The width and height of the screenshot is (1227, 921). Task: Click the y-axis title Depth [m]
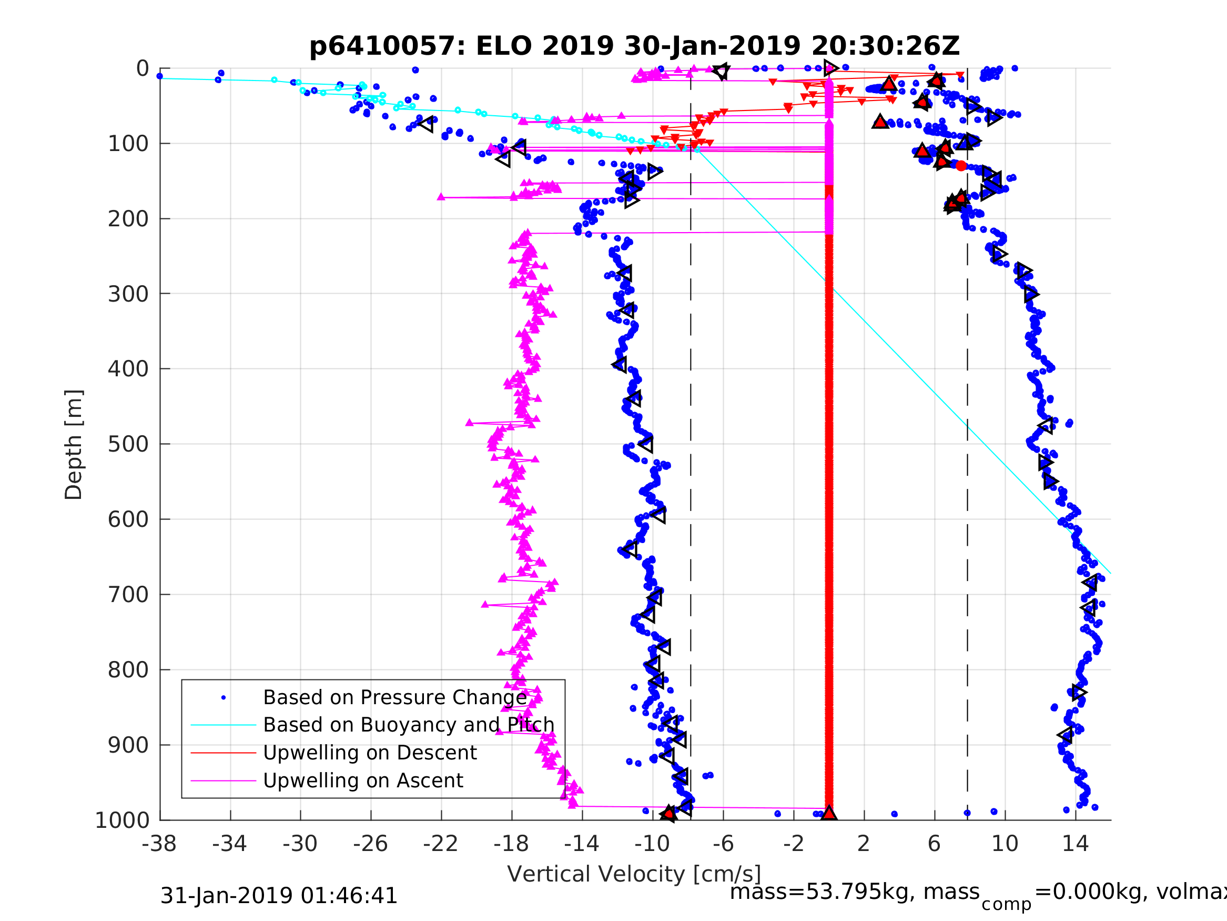tap(74, 445)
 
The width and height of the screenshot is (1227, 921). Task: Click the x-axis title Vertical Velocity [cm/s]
tap(634, 874)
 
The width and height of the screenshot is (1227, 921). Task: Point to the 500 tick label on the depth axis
tap(128, 444)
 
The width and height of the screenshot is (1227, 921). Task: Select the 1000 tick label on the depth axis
tap(122, 820)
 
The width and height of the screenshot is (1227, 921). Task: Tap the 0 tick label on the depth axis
tap(143, 69)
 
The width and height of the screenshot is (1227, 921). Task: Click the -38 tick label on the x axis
tap(159, 844)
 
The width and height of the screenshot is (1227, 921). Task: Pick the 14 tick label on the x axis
tap(1075, 844)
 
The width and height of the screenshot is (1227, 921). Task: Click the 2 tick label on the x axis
tap(864, 844)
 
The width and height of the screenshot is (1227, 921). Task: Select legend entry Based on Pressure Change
tap(395, 698)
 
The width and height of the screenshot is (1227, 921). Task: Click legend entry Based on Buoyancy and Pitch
tap(409, 725)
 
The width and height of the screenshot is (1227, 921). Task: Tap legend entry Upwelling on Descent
tap(370, 753)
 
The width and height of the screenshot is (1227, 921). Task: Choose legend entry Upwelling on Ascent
tap(363, 780)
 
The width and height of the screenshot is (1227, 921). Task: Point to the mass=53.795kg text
tap(854, 892)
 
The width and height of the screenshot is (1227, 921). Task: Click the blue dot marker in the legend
tap(224, 698)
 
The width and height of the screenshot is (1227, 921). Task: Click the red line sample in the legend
tap(224, 753)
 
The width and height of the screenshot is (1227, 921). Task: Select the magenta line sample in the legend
tap(224, 780)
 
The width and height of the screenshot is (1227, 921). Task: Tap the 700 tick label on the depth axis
tap(128, 595)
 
